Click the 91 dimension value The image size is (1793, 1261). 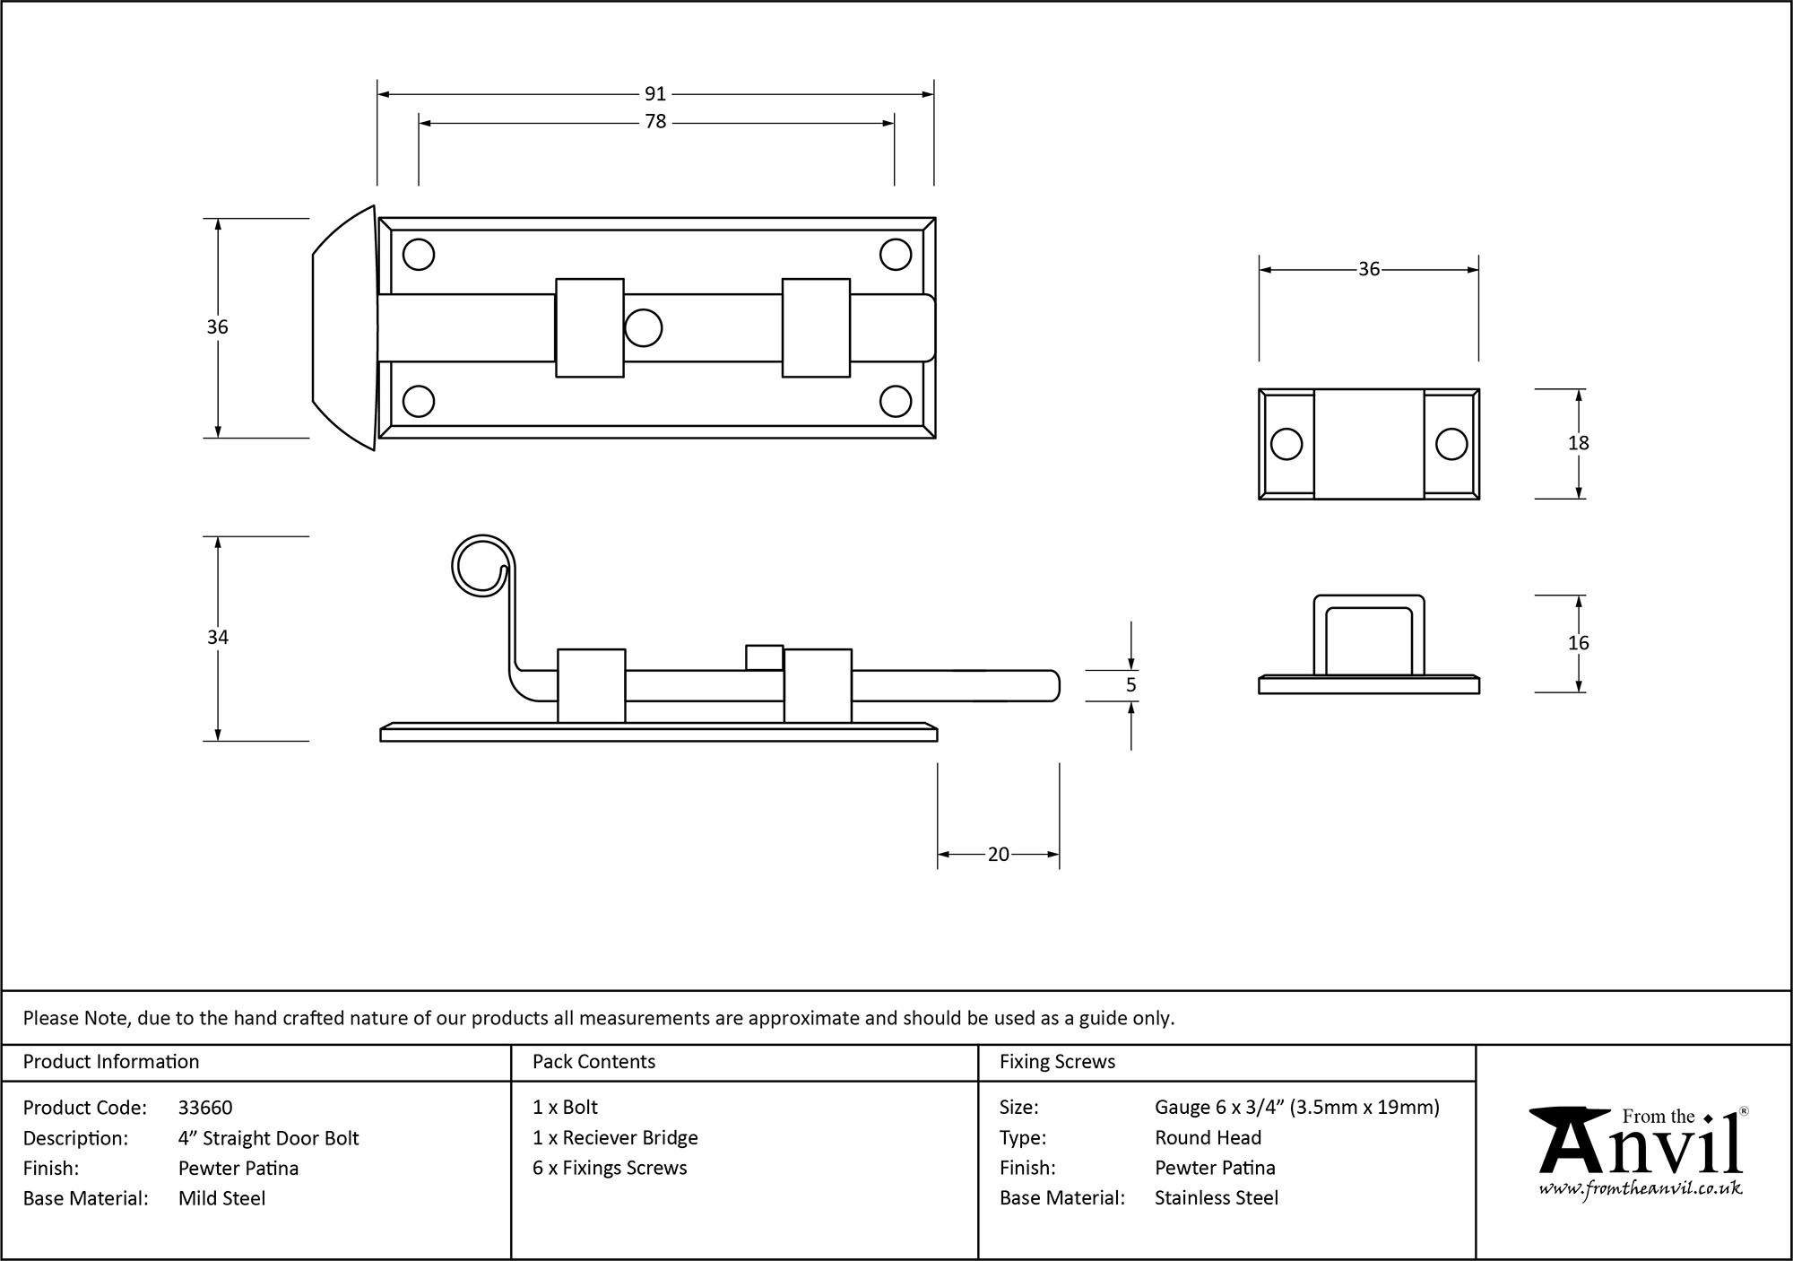point(655,94)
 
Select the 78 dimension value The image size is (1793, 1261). point(655,122)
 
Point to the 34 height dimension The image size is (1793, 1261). point(218,638)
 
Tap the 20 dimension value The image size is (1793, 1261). point(998,855)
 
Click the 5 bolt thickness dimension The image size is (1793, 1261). point(1130,685)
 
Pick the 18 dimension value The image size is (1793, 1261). point(1578,443)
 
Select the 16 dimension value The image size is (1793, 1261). point(1578,643)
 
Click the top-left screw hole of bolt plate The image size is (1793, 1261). point(419,255)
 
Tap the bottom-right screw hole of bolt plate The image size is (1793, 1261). point(896,401)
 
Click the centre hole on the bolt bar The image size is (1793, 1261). point(643,328)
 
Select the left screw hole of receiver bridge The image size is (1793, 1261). point(1286,444)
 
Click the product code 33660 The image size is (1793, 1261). point(205,1108)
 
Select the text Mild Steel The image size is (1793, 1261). point(221,1198)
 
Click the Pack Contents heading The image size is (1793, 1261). point(593,1062)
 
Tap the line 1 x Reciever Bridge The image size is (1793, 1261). point(615,1138)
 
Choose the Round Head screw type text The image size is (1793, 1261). point(1208,1138)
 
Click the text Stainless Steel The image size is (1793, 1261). point(1217,1198)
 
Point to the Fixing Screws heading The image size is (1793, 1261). point(1057,1062)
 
